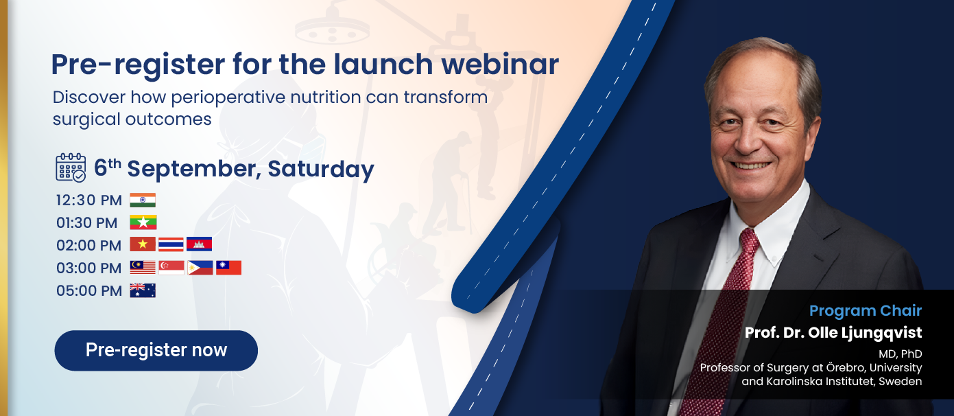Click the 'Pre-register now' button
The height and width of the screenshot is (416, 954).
coord(156,350)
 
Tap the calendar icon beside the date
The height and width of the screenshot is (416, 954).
coord(71,167)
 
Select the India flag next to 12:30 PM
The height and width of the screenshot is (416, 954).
coord(143,200)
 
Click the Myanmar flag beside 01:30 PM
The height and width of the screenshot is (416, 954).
coord(143,222)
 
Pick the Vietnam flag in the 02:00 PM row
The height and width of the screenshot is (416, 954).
coord(143,244)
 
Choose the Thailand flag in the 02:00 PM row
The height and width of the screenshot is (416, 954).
coord(171,244)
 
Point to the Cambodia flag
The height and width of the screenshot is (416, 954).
coord(200,244)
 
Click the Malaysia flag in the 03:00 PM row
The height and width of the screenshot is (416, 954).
coord(143,268)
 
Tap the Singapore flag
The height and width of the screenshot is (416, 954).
coord(171,268)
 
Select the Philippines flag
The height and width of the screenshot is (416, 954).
coord(200,268)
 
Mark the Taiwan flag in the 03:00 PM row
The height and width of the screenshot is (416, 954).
coord(228,268)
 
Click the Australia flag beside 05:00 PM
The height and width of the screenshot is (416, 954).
coord(143,290)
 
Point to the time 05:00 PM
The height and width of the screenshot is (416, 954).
coord(89,290)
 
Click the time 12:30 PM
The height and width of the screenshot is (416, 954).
coord(89,200)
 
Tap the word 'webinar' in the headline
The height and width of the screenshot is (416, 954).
coord(500,65)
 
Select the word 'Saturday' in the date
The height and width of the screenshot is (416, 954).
coord(321,169)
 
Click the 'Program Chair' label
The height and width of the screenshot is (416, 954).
coord(866,310)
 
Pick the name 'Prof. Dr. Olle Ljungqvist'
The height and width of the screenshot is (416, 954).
coord(833,332)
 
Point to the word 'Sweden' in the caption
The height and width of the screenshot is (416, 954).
coord(901,381)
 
